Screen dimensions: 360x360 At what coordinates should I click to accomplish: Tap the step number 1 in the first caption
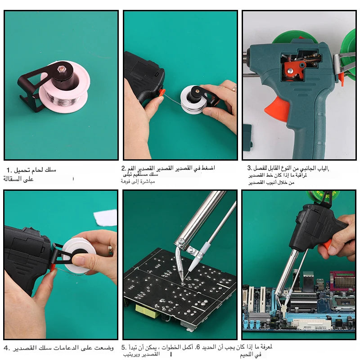click(x=9, y=170)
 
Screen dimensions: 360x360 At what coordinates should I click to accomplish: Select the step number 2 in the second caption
click(x=123, y=168)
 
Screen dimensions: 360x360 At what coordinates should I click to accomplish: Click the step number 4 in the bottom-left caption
click(x=6, y=348)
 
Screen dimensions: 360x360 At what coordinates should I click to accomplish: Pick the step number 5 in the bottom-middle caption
click(x=124, y=348)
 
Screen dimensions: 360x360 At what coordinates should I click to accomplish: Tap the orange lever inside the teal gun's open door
click(x=295, y=70)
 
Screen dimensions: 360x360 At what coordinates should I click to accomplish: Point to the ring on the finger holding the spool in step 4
click(x=110, y=250)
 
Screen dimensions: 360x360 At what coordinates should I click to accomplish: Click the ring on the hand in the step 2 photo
click(x=234, y=89)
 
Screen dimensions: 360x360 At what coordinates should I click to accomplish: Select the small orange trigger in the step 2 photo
click(x=161, y=93)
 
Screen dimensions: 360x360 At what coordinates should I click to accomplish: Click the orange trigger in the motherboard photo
click(x=327, y=244)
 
